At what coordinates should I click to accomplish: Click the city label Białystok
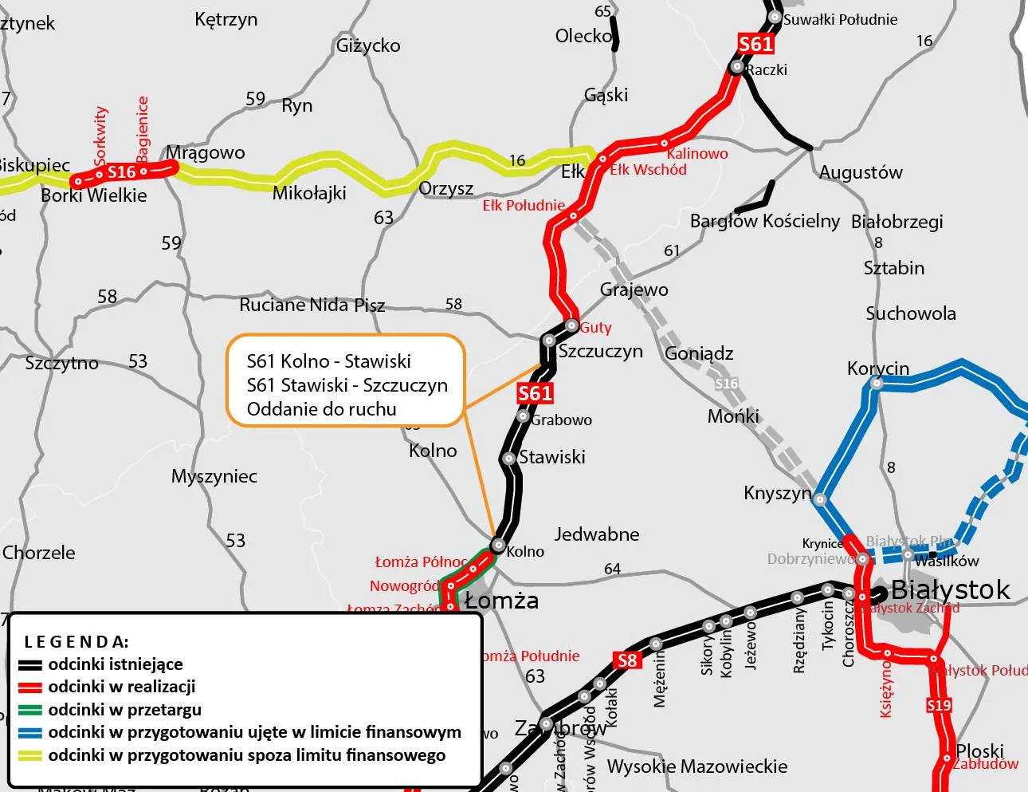(x=950, y=590)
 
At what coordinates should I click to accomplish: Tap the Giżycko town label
(x=368, y=45)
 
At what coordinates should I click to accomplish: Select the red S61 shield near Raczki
(x=755, y=44)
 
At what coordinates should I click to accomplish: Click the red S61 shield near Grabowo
(x=535, y=393)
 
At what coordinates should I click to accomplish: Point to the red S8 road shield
(x=627, y=660)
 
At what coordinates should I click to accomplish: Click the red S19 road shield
(x=939, y=705)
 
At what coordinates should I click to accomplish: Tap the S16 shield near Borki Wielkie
(x=121, y=172)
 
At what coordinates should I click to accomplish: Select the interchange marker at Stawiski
(x=508, y=459)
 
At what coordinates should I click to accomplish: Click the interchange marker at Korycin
(x=877, y=383)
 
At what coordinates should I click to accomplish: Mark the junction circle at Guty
(x=571, y=325)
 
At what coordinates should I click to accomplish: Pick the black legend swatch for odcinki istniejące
(x=30, y=665)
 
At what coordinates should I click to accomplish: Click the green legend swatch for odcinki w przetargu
(x=30, y=710)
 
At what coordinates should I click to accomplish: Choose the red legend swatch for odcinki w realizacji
(x=30, y=688)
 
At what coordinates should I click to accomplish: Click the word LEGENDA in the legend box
(x=77, y=642)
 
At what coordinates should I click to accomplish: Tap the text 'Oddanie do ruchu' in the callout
(x=321, y=409)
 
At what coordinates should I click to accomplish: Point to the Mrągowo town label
(x=206, y=152)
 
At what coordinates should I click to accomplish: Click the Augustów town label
(x=861, y=172)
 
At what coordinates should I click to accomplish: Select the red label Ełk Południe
(x=524, y=206)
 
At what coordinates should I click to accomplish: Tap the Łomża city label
(x=501, y=601)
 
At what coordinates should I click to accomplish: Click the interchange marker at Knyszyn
(x=820, y=500)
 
